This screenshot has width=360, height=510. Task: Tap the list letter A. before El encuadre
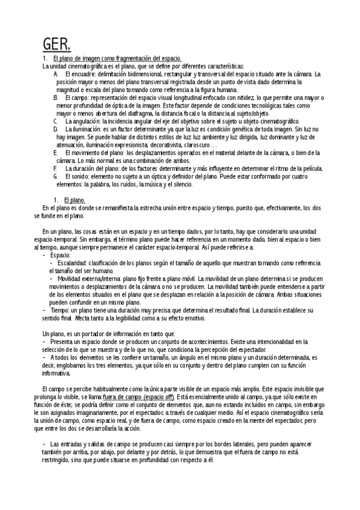coord(56,73)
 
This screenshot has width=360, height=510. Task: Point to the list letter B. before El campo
coord(56,97)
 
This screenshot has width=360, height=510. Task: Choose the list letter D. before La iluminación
coord(56,129)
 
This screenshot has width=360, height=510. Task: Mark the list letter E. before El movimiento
coord(56,153)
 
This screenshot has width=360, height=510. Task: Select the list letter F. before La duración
coord(55,169)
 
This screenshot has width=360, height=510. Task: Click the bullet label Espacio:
coord(60,255)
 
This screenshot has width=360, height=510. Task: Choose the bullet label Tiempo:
coord(61,310)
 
